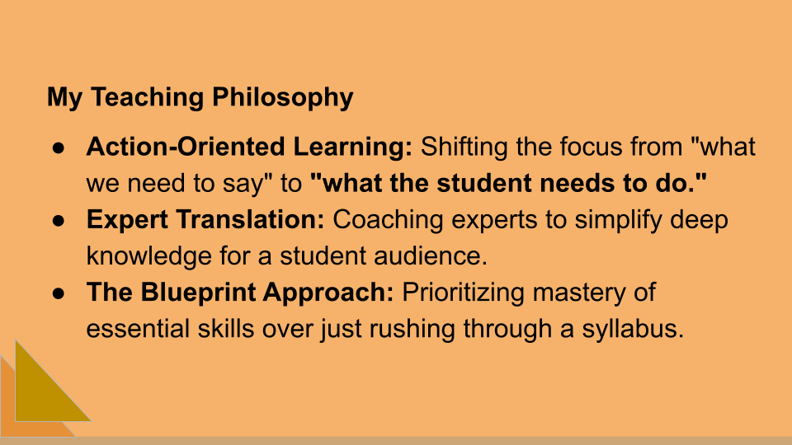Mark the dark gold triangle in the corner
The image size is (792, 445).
click(x=41, y=387)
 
